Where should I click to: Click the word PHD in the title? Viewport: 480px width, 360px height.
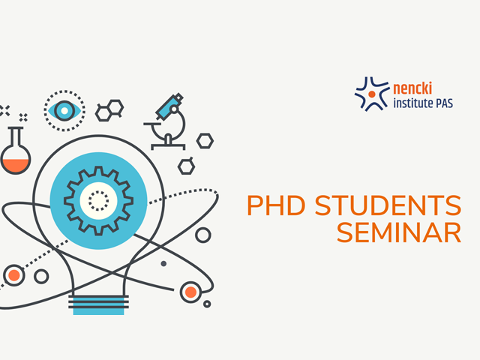[x=276, y=205]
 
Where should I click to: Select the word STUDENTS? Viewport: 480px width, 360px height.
[x=388, y=205]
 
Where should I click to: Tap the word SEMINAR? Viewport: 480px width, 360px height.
[x=399, y=232]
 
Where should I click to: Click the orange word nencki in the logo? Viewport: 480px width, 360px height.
[x=412, y=88]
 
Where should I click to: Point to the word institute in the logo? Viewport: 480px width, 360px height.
[x=413, y=103]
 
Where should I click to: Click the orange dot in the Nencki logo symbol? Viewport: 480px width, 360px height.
[x=372, y=94]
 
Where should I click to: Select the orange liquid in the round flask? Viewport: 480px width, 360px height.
[x=16, y=165]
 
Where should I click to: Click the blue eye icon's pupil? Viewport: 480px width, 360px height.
[x=64, y=110]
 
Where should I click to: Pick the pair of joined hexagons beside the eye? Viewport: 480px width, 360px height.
[x=109, y=110]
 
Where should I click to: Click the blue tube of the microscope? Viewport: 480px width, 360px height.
[x=169, y=106]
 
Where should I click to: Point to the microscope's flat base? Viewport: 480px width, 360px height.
[x=168, y=146]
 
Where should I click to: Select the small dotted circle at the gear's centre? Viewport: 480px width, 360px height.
[x=98, y=201]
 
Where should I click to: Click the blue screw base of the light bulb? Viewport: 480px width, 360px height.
[x=98, y=305]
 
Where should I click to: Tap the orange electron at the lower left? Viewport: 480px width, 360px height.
[x=13, y=275]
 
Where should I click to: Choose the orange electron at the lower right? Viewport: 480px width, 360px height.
[x=190, y=292]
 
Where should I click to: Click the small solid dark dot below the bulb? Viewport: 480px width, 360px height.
[x=163, y=263]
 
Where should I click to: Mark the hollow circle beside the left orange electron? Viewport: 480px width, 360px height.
[x=41, y=277]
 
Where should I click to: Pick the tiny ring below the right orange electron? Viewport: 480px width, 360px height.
[x=207, y=304]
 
